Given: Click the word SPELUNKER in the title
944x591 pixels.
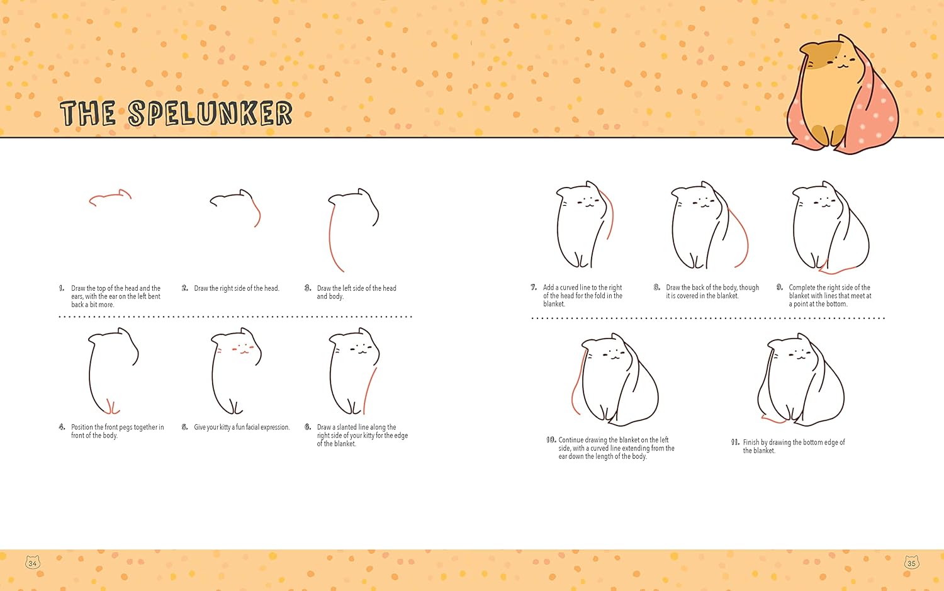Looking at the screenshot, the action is (x=210, y=113).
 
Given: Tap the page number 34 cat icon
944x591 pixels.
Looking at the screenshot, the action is (x=33, y=562).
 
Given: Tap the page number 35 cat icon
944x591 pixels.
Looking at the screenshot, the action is (x=911, y=562).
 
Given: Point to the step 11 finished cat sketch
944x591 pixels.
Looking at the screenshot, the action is (x=801, y=380).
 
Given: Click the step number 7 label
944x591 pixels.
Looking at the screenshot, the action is (x=534, y=288).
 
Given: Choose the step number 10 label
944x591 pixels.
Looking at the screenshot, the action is (x=551, y=440).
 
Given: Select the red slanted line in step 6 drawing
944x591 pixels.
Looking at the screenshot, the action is (x=370, y=391).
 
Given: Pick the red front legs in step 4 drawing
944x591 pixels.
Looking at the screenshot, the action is (x=111, y=407).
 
